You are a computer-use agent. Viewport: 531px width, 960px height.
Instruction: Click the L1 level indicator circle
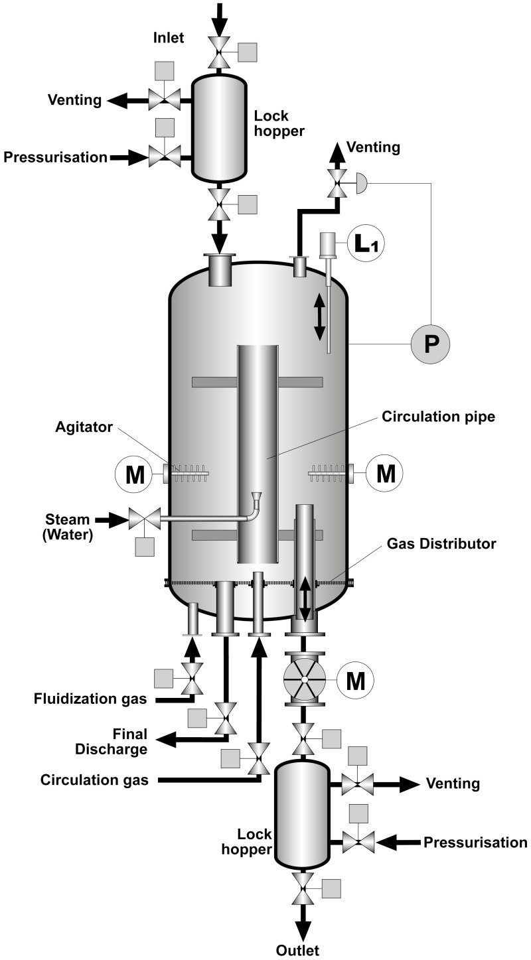coord(366,244)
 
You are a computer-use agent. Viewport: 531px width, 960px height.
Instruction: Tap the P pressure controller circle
coord(430,344)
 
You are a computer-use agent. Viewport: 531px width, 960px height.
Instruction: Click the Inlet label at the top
coord(169,38)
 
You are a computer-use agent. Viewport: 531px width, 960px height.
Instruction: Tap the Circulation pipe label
coord(438,417)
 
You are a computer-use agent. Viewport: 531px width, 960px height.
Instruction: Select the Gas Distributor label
coord(441,543)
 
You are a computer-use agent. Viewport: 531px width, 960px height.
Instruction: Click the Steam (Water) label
coord(67,527)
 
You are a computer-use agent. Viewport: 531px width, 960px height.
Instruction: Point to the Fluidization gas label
coord(90,699)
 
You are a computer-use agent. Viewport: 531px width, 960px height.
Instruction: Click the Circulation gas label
coord(94,780)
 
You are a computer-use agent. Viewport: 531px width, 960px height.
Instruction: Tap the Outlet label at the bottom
coord(297,950)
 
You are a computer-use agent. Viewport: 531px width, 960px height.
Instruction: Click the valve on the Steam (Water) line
coord(145,520)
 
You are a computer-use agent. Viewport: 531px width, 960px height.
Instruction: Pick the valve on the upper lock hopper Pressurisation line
coord(165,157)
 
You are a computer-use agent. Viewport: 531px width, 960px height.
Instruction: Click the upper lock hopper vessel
coord(219,128)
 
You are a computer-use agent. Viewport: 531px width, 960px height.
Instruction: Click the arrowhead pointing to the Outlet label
coord(304,930)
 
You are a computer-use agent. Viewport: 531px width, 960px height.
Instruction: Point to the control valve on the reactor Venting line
coord(337,183)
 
